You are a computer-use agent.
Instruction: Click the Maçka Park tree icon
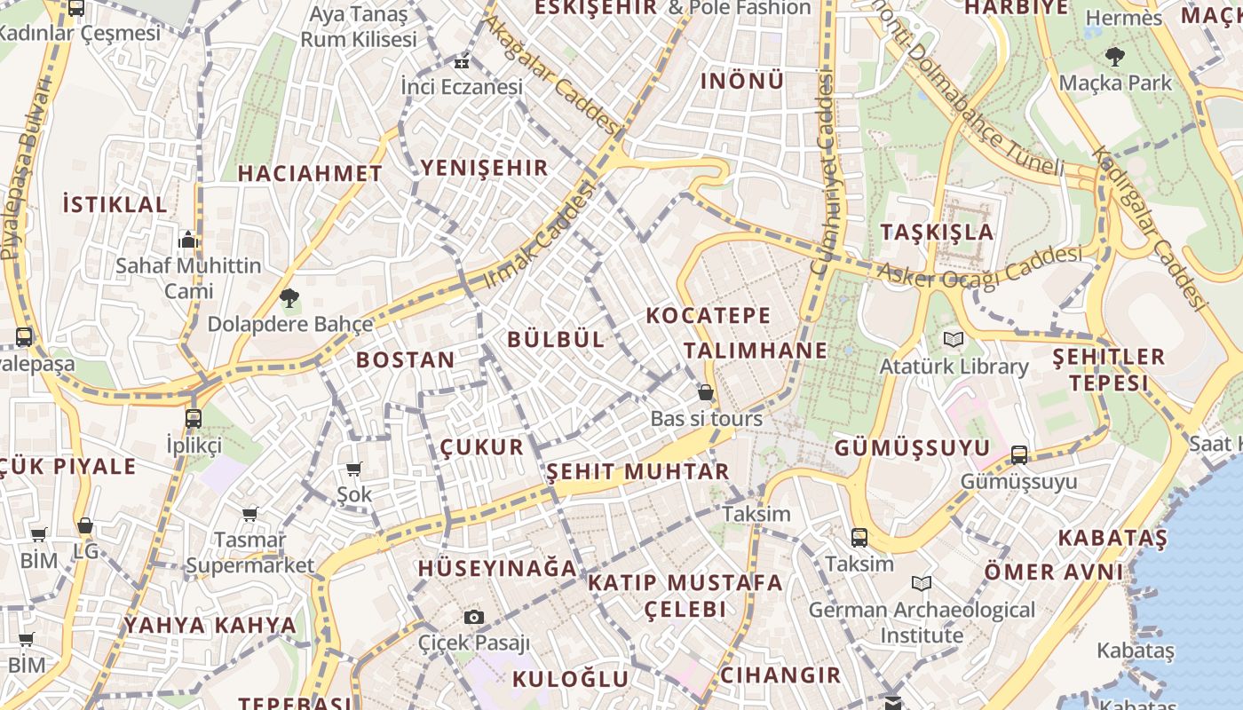click(1114, 58)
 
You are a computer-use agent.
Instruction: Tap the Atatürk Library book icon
click(954, 340)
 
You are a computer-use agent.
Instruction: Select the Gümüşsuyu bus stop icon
click(1019, 455)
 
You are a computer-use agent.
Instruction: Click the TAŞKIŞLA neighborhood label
click(937, 233)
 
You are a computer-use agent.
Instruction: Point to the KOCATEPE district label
click(709, 316)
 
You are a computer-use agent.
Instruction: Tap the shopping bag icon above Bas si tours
click(706, 392)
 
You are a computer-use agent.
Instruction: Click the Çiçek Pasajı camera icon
click(474, 617)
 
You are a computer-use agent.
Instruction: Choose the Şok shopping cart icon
click(354, 469)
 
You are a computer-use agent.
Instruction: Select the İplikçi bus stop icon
click(194, 418)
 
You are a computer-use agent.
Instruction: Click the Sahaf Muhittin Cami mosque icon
click(187, 240)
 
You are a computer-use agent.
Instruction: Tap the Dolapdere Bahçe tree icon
click(289, 298)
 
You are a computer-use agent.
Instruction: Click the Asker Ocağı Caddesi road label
click(980, 266)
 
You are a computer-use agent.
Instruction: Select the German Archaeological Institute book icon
click(922, 584)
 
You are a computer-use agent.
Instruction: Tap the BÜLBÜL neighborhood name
click(556, 339)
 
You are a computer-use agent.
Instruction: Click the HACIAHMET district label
click(310, 174)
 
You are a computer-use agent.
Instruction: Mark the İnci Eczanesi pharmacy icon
click(461, 62)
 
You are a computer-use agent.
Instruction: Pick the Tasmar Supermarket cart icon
click(250, 514)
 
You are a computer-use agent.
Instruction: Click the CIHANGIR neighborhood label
click(780, 675)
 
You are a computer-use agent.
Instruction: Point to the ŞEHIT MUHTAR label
click(637, 471)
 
